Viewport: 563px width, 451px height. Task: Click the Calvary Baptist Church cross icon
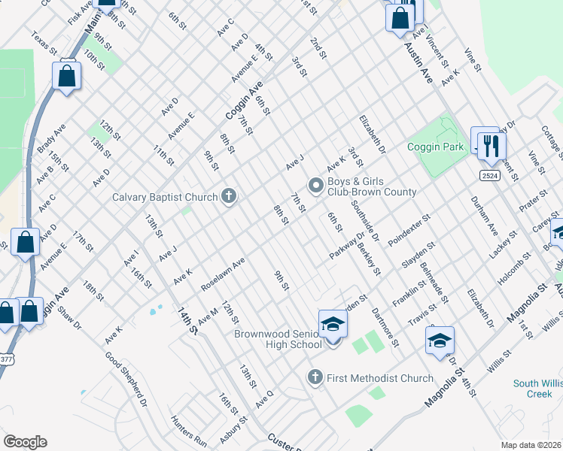(229, 197)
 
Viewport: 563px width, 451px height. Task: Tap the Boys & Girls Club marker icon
(316, 184)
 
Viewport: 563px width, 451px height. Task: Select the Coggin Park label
(436, 147)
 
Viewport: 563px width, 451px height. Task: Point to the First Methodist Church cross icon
(316, 377)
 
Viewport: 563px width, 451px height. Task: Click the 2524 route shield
(489, 174)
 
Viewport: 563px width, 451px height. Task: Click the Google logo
(25, 442)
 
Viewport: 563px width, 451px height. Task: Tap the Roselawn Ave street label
(223, 275)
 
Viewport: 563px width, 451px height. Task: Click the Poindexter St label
(408, 232)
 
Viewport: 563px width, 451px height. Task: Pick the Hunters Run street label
(188, 431)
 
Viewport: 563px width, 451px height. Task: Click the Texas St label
(44, 43)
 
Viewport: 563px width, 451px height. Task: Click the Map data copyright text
(531, 444)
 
